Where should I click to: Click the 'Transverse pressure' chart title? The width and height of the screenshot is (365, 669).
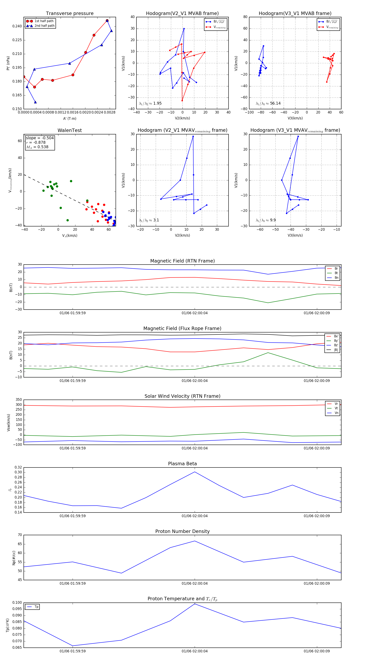[70, 14]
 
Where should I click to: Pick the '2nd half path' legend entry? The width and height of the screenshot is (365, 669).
[44, 26]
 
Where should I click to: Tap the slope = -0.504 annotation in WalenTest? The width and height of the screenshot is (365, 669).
[40, 138]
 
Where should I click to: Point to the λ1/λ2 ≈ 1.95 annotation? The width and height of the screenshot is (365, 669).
[150, 103]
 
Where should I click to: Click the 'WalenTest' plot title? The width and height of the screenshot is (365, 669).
[70, 130]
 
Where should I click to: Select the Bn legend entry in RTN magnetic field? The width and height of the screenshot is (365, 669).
[336, 278]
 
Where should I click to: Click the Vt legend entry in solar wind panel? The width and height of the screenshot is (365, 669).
[336, 408]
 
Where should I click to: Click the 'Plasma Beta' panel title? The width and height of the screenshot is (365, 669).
[182, 464]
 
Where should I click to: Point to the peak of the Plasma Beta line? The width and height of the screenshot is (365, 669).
[195, 472]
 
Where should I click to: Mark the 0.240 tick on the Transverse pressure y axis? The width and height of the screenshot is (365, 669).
[17, 26]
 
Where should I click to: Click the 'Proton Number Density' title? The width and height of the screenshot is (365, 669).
[182, 531]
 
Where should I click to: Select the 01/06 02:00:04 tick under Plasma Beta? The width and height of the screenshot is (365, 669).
[195, 516]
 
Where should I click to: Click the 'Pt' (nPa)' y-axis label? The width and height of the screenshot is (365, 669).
[8, 63]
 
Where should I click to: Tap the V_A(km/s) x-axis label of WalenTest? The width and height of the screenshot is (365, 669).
[70, 236]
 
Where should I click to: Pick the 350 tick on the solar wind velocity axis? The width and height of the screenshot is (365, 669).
[19, 400]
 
